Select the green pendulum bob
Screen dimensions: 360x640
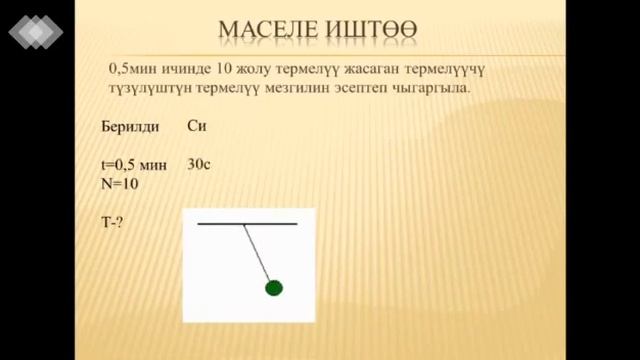coord(273,289)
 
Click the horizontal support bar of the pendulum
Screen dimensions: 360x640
coord(247,224)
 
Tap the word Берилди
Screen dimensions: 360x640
coord(131,128)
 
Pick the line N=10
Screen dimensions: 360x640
coord(120,184)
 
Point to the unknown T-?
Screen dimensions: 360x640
coord(112,222)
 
